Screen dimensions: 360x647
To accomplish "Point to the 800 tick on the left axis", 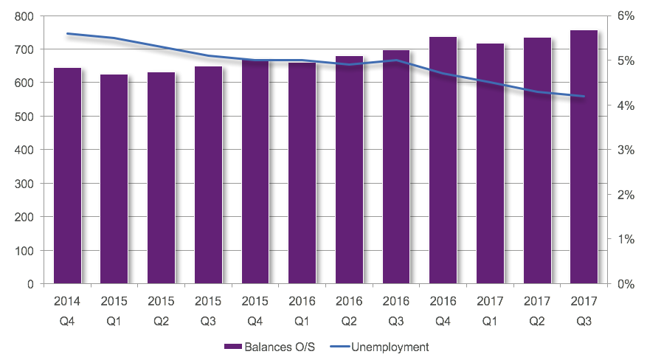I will click(32, 15).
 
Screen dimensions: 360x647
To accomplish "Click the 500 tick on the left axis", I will click(32, 117).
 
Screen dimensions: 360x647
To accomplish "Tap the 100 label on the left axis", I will click(32, 251).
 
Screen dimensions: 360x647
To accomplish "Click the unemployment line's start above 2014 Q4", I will click(67, 33).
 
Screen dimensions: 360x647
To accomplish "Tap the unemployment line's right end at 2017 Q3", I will click(584, 96).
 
